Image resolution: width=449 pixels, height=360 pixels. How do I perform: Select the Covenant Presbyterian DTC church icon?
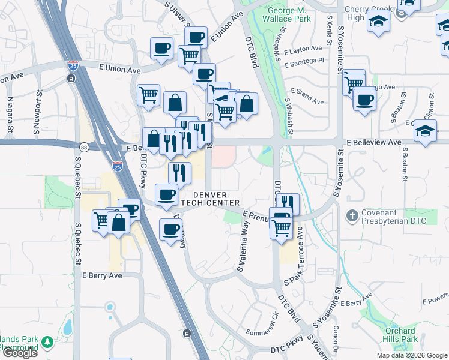(x=352, y=214)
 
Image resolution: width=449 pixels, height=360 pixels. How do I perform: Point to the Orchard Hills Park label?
(x=400, y=335)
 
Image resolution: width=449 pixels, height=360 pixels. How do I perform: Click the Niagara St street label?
(x=10, y=115)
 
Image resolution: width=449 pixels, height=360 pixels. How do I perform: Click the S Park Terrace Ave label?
(x=298, y=252)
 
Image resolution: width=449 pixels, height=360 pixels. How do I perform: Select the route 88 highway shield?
(x=83, y=147)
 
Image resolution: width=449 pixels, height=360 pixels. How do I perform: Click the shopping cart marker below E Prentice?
(x=281, y=228)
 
